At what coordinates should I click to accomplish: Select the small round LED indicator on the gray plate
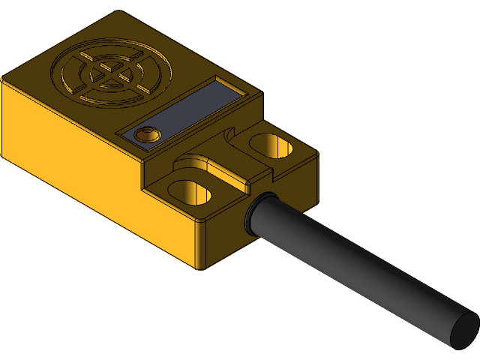tap(145, 134)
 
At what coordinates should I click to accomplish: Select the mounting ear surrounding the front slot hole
tap(169, 199)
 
